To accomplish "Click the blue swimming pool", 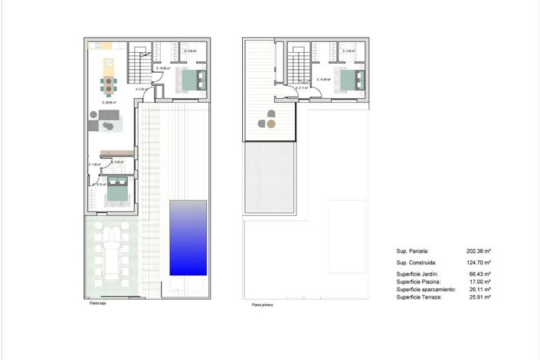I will coord(188,237).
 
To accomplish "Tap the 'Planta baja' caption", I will coord(97,303).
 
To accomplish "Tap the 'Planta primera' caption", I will coord(262,305).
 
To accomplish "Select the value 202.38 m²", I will coord(478,250).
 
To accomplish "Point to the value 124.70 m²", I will coord(478,263).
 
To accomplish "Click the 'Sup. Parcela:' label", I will coord(413,250).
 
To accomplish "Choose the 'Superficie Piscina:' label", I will coord(418,281).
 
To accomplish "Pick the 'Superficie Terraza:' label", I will coord(418,296).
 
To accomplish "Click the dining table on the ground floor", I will coord(110,83).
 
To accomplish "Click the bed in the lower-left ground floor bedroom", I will coord(117,189).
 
